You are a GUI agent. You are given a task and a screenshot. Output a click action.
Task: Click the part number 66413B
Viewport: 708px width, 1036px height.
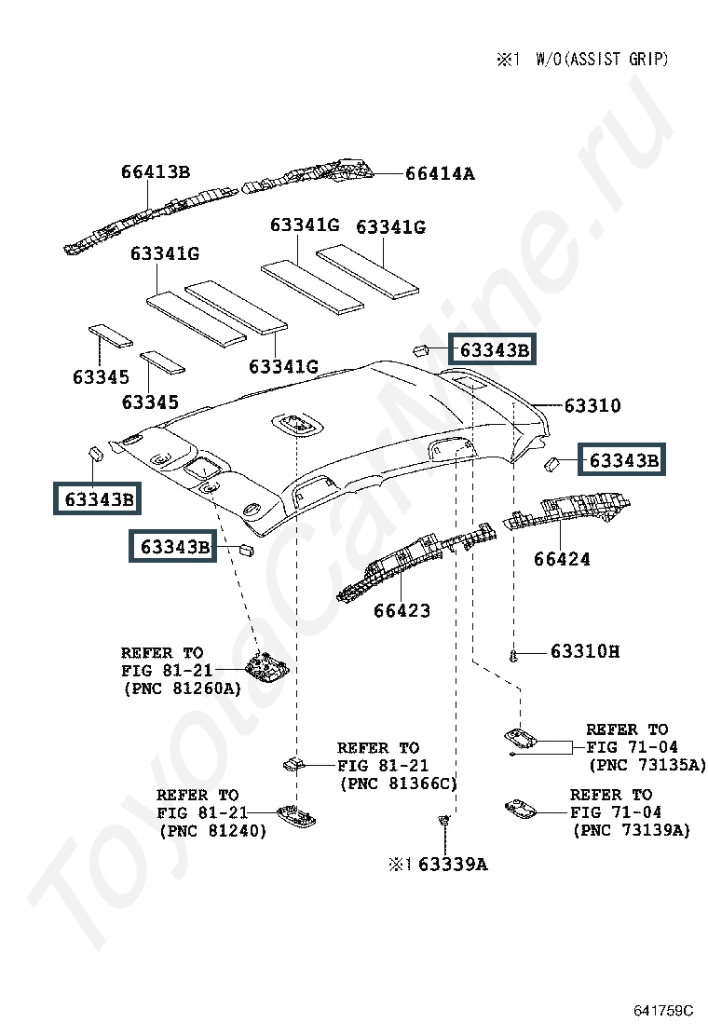tap(156, 171)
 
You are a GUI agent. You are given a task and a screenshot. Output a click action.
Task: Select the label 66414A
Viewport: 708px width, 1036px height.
tap(440, 174)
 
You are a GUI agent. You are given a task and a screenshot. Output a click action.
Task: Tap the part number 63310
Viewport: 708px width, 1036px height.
tap(592, 405)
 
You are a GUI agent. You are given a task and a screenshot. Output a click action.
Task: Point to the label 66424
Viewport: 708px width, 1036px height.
tap(562, 559)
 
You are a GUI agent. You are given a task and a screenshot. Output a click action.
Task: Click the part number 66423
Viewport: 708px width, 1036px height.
tap(402, 610)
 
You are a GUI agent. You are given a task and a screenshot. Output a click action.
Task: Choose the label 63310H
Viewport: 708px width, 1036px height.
tap(585, 651)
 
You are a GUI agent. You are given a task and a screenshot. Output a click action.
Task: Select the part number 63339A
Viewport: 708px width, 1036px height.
tap(453, 865)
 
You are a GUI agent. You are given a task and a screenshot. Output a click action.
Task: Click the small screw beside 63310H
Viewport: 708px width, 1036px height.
tap(513, 656)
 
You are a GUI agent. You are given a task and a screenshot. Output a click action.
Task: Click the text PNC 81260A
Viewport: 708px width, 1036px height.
tap(183, 688)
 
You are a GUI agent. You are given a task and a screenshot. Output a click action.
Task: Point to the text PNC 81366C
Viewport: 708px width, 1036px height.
tap(399, 784)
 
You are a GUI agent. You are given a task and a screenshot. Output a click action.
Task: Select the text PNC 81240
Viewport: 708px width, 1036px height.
tap(213, 830)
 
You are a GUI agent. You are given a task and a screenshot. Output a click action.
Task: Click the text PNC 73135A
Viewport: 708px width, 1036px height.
tap(647, 765)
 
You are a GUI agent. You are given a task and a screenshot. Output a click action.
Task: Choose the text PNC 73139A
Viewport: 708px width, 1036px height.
tap(632, 830)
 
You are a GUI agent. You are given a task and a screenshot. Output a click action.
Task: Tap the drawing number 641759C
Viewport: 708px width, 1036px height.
tap(663, 1011)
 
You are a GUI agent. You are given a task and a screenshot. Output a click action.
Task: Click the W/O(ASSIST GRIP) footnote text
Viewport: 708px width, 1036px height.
tap(602, 60)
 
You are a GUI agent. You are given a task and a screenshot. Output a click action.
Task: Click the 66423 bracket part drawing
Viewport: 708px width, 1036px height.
tap(416, 562)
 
